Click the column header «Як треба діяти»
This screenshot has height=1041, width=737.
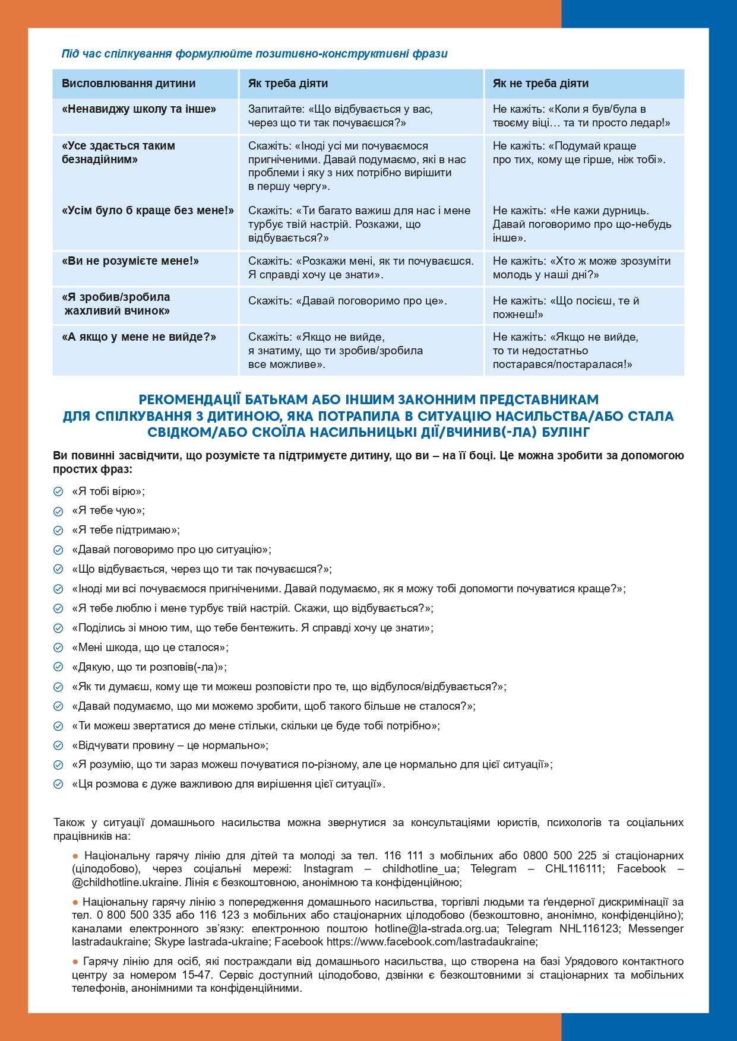(x=288, y=84)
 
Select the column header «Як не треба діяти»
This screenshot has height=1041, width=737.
(x=540, y=84)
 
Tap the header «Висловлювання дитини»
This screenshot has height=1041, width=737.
(x=128, y=84)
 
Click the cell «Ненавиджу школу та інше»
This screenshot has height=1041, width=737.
(x=139, y=109)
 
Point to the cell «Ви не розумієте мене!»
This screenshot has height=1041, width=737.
(x=131, y=261)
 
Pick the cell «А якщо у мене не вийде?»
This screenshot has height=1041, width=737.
(x=139, y=337)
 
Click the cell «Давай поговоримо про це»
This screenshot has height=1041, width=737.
(x=347, y=301)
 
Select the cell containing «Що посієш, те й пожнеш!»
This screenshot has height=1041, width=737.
(x=565, y=307)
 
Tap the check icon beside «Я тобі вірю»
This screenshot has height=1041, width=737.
(x=58, y=492)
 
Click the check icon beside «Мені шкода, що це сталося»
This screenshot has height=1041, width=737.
(x=58, y=648)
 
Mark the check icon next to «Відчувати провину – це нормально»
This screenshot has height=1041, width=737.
(x=58, y=746)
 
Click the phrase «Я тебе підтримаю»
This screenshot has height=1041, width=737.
(x=125, y=530)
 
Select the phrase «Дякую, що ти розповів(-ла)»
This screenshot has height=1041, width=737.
(x=149, y=667)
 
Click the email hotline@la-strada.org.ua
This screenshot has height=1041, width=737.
(x=435, y=928)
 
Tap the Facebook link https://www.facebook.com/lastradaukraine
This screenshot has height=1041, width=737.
(x=431, y=941)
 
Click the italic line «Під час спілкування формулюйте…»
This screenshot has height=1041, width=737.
(x=254, y=54)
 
